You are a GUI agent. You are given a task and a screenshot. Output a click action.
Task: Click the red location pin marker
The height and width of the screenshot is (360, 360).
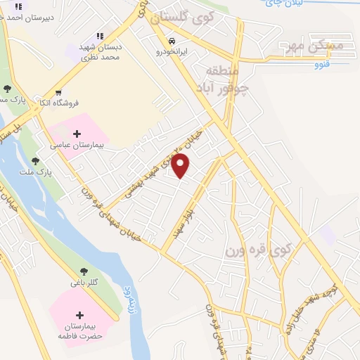(181, 166)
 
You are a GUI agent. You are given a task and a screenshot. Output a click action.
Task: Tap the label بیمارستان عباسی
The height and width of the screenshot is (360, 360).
(77, 146)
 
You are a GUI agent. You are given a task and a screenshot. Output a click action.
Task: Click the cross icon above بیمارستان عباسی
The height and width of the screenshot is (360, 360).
(77, 134)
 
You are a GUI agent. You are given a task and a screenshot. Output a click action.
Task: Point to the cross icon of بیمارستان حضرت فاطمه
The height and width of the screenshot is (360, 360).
(79, 315)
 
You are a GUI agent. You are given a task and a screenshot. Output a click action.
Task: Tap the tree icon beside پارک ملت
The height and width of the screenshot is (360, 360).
(35, 161)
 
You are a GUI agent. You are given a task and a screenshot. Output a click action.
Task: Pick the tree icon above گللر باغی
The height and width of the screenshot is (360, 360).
(83, 271)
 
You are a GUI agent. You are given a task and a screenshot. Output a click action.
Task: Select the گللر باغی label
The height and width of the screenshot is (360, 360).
(84, 283)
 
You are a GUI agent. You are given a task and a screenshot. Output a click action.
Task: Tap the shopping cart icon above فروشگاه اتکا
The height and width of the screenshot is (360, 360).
(58, 92)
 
